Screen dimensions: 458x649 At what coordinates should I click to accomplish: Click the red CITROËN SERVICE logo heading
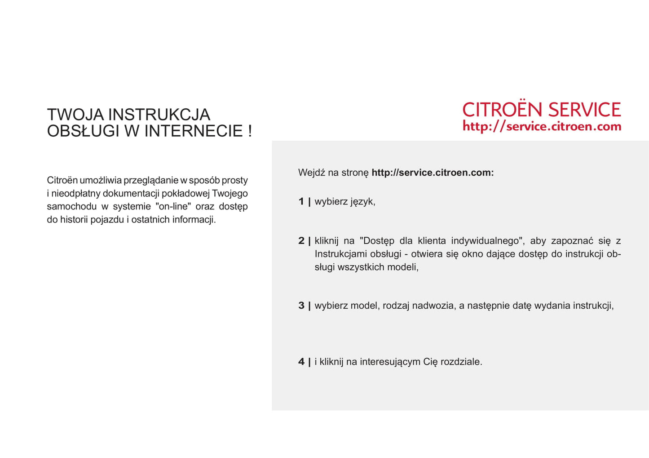[x=541, y=110]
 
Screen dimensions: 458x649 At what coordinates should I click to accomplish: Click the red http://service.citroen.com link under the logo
[x=542, y=126]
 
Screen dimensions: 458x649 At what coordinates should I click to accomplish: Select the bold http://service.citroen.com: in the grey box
[x=433, y=173]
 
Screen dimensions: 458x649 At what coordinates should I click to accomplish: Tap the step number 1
[x=301, y=201]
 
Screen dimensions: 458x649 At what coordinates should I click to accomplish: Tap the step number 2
[x=301, y=241]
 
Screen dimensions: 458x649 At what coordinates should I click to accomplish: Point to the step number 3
[x=301, y=306]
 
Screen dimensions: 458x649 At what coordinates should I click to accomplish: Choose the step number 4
[x=301, y=362]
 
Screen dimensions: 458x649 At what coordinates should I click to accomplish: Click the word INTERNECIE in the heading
[x=193, y=131]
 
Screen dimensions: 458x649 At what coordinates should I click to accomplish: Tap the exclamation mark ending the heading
[x=250, y=131]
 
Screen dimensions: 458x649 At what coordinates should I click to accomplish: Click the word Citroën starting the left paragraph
[x=62, y=180]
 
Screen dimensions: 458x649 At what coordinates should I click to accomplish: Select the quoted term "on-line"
[x=173, y=206]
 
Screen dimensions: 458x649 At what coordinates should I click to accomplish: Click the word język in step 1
[x=362, y=202]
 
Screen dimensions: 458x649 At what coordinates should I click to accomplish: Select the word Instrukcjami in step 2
[x=341, y=254]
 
